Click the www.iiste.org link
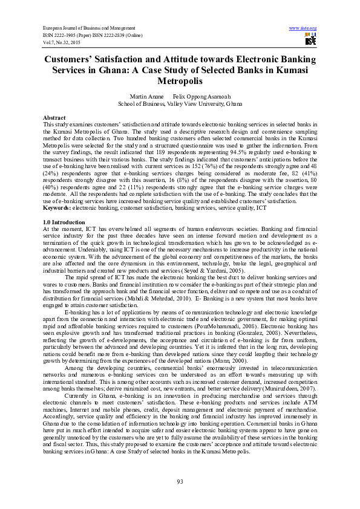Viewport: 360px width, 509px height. [x=303, y=28]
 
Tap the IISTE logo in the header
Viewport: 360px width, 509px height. [x=310, y=40]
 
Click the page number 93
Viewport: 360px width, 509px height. [x=180, y=481]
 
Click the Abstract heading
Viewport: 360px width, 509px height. [x=54, y=117]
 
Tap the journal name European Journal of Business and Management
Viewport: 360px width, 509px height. [x=88, y=28]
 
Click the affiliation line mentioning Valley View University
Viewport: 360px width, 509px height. [x=180, y=103]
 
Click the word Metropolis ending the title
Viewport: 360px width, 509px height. [x=180, y=80]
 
